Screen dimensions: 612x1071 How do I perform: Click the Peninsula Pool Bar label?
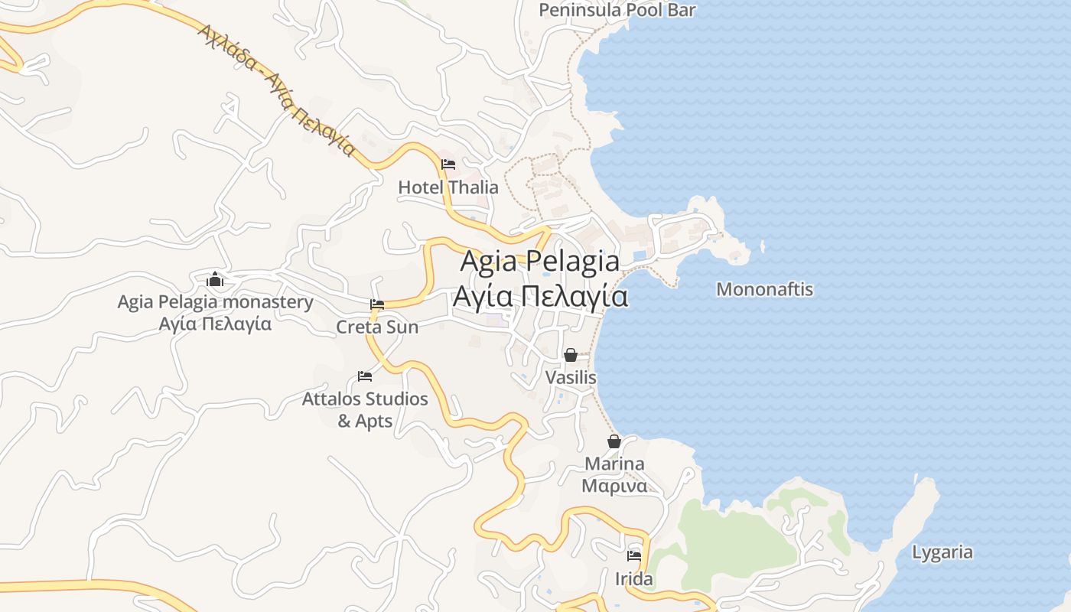click(617, 10)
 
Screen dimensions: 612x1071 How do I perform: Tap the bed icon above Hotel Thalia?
click(448, 164)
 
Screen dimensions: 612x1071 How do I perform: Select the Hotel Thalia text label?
click(448, 187)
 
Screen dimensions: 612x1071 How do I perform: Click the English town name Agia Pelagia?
click(540, 262)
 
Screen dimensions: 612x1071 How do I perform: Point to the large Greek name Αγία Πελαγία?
click(540, 296)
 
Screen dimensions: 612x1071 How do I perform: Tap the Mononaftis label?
click(764, 289)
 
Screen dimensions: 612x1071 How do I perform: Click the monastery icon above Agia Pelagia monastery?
click(215, 279)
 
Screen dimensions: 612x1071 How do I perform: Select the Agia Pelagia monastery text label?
click(215, 302)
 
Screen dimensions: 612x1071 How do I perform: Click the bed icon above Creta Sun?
click(377, 304)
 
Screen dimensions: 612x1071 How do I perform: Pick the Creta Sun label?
click(377, 327)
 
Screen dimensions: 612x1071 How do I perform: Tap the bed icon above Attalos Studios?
click(365, 376)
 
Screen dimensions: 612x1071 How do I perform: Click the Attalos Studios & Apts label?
click(365, 409)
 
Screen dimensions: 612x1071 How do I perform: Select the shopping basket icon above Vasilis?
click(571, 355)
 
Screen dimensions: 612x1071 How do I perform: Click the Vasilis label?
click(571, 378)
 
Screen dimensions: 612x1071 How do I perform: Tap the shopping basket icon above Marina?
click(614, 441)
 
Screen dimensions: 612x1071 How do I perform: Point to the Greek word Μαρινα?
click(614, 486)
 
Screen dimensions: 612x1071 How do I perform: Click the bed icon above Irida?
click(634, 556)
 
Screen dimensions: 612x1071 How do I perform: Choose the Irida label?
click(634, 579)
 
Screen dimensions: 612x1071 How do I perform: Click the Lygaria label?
click(942, 552)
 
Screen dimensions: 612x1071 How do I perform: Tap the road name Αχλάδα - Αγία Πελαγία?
click(278, 90)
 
